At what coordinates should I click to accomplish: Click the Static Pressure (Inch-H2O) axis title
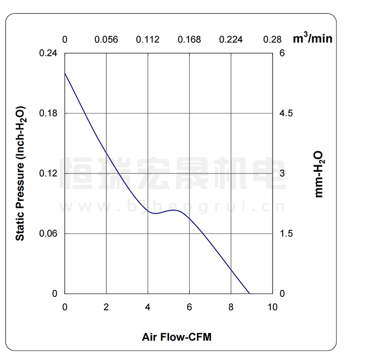[20, 173]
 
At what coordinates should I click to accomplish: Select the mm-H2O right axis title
[319, 174]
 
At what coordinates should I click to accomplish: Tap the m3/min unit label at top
[312, 38]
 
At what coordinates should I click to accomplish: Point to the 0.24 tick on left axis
[48, 53]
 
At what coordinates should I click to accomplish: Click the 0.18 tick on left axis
[48, 113]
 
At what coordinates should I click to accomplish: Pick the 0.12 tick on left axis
[48, 174]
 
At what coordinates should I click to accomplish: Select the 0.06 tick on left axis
[48, 233]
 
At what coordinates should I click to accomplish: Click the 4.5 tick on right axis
[287, 113]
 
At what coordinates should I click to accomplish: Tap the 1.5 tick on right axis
[287, 233]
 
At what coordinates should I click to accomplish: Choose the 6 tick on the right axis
[282, 53]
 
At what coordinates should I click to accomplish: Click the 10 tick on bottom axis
[272, 307]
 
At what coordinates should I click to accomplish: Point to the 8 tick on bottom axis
[231, 307]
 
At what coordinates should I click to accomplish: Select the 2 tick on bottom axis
[107, 307]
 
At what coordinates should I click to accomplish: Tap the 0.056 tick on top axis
[107, 39]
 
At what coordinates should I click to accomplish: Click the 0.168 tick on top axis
[189, 39]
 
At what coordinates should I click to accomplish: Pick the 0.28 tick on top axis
[272, 39]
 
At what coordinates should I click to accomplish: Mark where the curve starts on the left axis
[65, 73]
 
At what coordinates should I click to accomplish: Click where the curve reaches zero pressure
[250, 293]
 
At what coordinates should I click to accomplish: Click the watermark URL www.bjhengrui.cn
[173, 206]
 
